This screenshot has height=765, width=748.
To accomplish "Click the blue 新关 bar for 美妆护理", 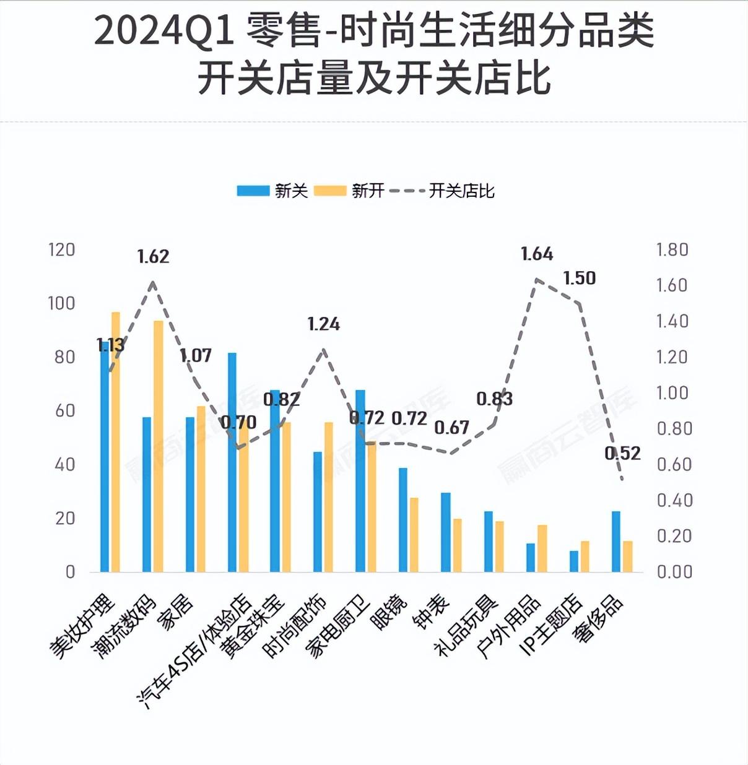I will pyautogui.click(x=104, y=458).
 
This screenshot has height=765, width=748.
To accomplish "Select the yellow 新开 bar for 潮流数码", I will pyautogui.click(x=159, y=446).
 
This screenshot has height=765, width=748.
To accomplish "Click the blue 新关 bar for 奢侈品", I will pyautogui.click(x=616, y=541).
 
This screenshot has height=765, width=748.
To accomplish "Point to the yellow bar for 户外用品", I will pyautogui.click(x=542, y=548).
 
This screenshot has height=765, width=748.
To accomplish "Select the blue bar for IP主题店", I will pyautogui.click(x=574, y=561).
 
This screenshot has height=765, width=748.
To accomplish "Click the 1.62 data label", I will pyautogui.click(x=153, y=256).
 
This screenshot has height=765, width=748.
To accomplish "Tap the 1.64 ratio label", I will pyautogui.click(x=537, y=254).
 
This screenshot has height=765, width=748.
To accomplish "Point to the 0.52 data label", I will pyautogui.click(x=622, y=453).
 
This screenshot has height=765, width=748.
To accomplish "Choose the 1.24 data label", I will pyautogui.click(x=324, y=324).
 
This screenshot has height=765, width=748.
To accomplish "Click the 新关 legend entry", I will pyautogui.click(x=272, y=191).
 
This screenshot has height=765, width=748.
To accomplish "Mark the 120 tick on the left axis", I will pyautogui.click(x=61, y=249).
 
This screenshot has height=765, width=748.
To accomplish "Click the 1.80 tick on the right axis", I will pyautogui.click(x=672, y=249).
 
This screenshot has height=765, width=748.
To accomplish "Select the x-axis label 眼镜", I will pyautogui.click(x=391, y=612).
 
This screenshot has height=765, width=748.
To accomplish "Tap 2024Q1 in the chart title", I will pyautogui.click(x=163, y=30).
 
